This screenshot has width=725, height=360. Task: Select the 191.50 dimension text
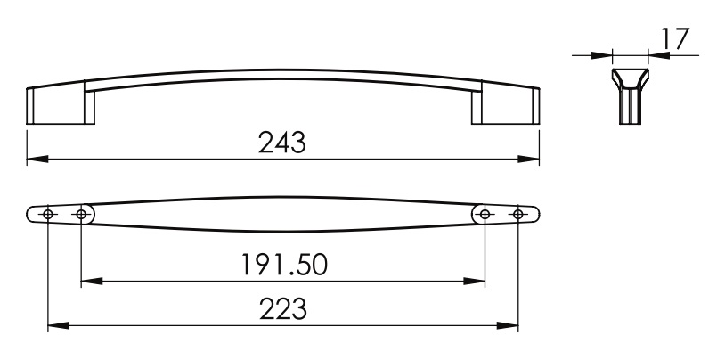283,264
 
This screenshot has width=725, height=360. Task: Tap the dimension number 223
283,309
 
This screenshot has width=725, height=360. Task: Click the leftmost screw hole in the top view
48,215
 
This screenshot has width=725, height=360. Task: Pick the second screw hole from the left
81,215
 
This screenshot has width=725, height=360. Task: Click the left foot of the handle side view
58,104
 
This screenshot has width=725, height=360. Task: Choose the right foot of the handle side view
507,104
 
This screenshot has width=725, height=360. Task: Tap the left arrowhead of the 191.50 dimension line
90,282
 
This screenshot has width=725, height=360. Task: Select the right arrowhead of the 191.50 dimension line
477,282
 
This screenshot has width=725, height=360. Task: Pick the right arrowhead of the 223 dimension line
510,326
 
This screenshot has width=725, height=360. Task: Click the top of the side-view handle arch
283,70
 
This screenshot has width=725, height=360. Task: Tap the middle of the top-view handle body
283,215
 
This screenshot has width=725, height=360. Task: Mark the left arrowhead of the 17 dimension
606,55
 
